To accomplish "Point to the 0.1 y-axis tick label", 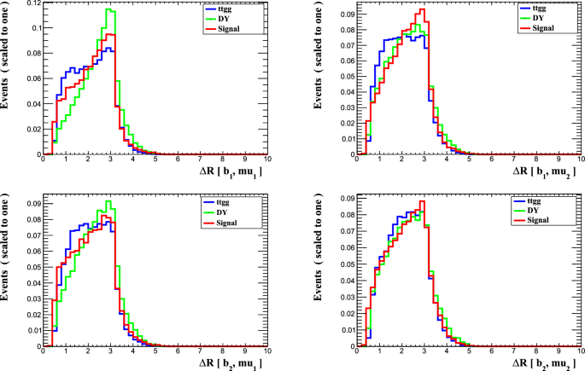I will click(33, 30).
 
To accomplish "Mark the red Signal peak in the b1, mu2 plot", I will click(422, 11).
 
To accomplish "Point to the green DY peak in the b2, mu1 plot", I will click(108, 202).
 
